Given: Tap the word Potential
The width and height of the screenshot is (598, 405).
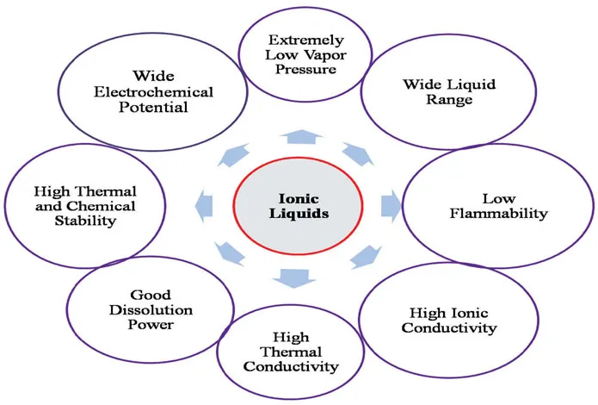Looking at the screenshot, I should [x=142, y=110].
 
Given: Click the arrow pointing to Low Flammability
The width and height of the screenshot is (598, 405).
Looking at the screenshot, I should [x=391, y=204].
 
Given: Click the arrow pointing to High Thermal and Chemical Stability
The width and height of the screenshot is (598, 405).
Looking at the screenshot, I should [x=205, y=205].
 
